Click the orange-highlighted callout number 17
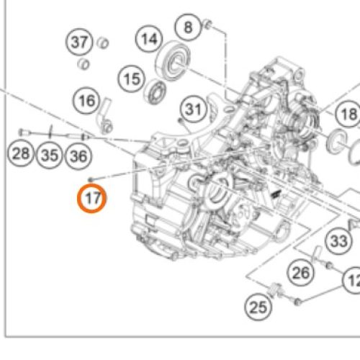click(91, 198)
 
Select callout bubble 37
click(79, 42)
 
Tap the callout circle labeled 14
click(149, 39)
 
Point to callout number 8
click(188, 27)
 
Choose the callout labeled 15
click(131, 78)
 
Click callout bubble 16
click(86, 100)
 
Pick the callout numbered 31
click(194, 109)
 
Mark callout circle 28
click(21, 153)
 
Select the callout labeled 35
click(50, 155)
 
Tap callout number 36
click(78, 156)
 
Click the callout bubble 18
click(348, 114)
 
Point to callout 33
click(339, 240)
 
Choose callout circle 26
click(301, 273)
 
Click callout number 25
click(258, 307)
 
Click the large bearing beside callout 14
click(174, 61)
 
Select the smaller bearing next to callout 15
click(156, 91)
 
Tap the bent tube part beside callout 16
click(105, 116)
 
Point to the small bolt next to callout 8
click(208, 24)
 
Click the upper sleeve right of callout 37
click(103, 43)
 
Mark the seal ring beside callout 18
click(336, 141)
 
